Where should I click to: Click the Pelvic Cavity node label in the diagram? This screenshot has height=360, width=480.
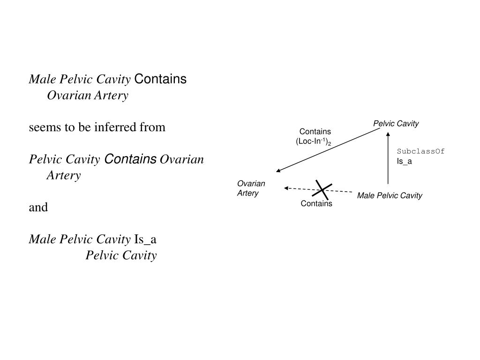[396, 124]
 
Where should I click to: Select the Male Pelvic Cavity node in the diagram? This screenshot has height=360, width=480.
[390, 195]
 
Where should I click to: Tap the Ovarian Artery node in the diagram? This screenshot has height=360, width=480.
[251, 188]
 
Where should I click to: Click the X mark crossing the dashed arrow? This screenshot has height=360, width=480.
[322, 189]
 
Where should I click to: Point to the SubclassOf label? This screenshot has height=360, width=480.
[420, 151]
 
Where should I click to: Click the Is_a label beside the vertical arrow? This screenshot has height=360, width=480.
[404, 162]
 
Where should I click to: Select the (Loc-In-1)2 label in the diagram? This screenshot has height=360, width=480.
[313, 142]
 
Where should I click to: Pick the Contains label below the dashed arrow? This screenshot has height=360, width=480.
[316, 203]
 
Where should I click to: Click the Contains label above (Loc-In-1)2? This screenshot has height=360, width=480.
[315, 132]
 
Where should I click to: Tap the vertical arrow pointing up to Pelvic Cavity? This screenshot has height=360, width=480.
[388, 159]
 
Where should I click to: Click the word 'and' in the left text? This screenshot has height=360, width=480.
[38, 207]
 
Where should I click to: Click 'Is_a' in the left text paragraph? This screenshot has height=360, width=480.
[145, 240]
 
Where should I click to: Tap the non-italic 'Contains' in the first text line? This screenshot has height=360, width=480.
[160, 79]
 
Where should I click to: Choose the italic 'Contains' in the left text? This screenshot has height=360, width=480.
[130, 159]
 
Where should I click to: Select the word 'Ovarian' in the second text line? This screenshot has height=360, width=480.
[69, 96]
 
